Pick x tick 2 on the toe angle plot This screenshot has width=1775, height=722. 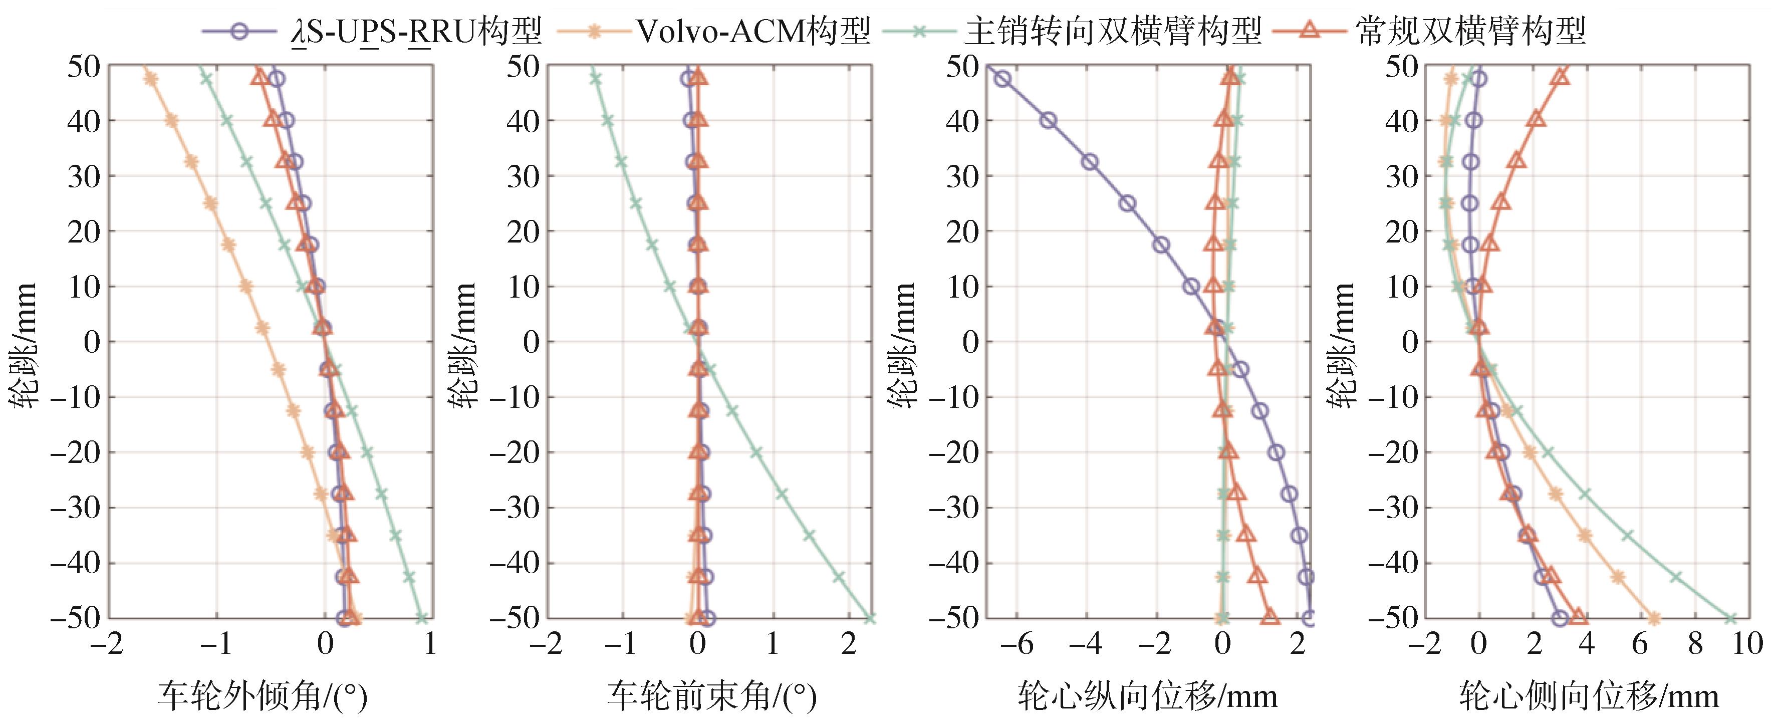click(849, 645)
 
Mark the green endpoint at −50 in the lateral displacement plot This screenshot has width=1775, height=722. click(1730, 618)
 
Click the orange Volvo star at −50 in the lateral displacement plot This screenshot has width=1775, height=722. click(1653, 618)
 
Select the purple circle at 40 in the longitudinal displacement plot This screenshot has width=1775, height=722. click(1048, 121)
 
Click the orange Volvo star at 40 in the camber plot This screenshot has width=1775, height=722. click(171, 121)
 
